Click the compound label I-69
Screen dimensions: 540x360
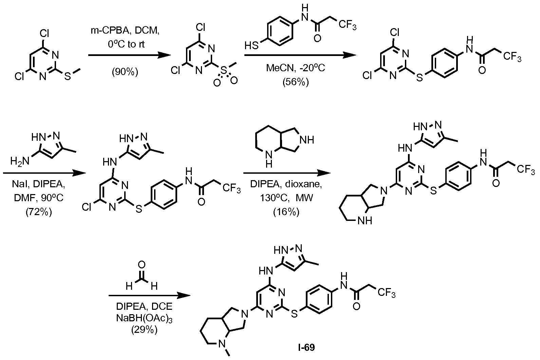306,348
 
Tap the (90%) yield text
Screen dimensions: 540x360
125,72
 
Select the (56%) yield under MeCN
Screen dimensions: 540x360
296,82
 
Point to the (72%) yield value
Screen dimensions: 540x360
39,212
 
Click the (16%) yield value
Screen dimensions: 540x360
286,212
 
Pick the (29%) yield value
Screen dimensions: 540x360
144,330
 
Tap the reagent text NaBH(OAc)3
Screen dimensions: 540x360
144,318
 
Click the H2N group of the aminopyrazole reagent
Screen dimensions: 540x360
20,161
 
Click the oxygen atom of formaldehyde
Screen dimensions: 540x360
142,265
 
